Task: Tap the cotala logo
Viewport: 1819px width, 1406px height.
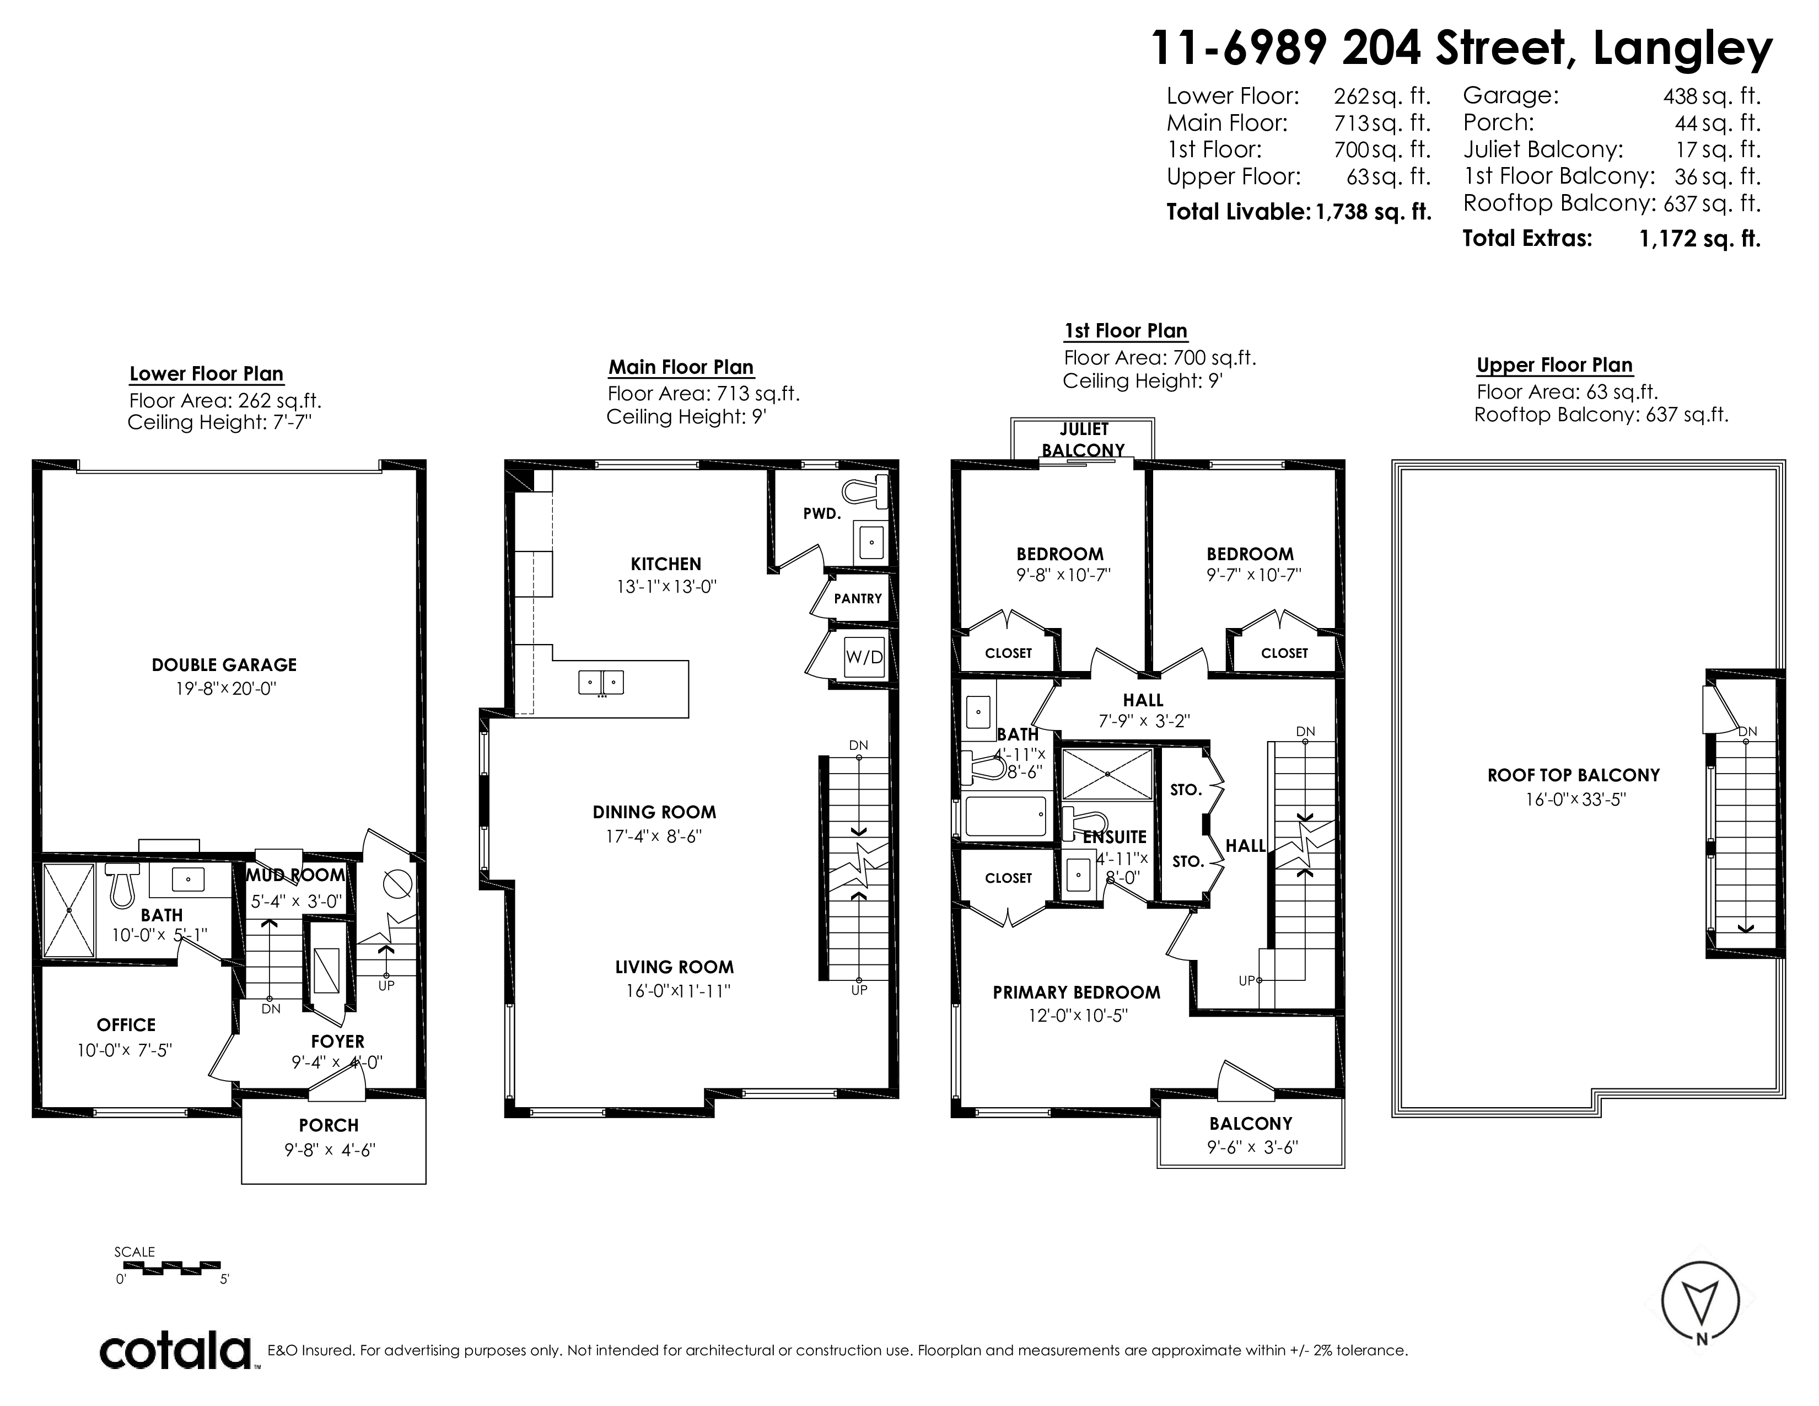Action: point(176,1351)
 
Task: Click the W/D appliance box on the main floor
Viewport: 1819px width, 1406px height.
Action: point(864,657)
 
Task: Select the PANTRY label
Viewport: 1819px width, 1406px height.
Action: point(857,598)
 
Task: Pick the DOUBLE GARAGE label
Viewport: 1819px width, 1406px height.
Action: point(224,665)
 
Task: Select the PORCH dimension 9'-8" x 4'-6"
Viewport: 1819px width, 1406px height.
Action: point(329,1150)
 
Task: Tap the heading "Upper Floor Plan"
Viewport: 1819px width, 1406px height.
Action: point(1554,365)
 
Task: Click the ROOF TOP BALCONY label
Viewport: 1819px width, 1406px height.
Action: point(1573,775)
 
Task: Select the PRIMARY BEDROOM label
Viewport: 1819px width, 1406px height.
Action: point(1076,992)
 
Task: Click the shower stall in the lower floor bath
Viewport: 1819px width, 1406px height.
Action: point(69,910)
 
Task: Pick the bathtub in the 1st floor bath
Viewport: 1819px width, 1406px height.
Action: point(1004,816)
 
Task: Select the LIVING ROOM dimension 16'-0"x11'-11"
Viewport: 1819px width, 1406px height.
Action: point(678,991)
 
